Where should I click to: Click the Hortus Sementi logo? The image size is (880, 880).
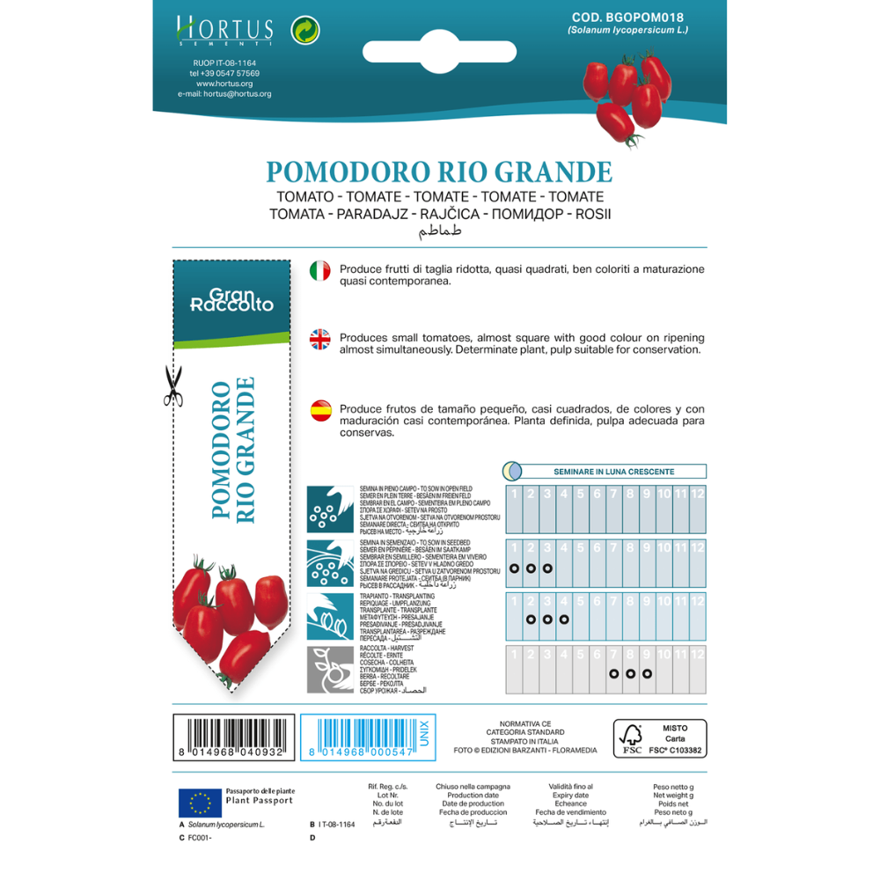coord(224,33)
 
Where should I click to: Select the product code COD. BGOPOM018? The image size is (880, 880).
coord(615,17)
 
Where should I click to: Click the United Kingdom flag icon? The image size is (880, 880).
coord(320,341)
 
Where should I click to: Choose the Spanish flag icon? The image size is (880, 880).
coord(320,410)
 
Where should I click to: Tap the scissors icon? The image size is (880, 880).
coord(172,386)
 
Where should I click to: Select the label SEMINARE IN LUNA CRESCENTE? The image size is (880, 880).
coord(613,472)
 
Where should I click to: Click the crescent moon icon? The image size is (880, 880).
coord(513,471)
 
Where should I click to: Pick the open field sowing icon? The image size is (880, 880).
coord(330,510)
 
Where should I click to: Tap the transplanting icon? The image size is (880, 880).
coord(330,616)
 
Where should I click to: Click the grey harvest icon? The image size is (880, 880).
coord(330,670)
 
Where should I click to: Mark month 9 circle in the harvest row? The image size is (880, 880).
coord(647,674)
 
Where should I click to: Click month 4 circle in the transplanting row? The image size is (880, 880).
coord(564,620)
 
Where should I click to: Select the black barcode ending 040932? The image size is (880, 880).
coord(228,737)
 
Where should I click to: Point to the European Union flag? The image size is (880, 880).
coord(200,802)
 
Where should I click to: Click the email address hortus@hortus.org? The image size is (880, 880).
coord(224,94)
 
